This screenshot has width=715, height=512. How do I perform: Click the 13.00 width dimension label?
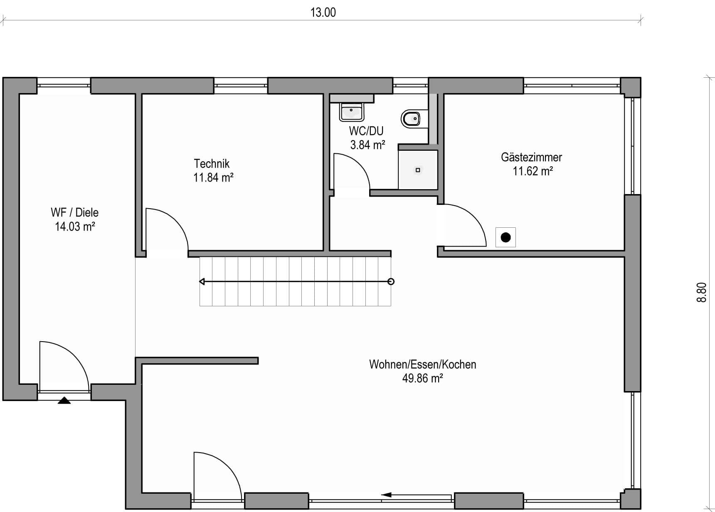[x=323, y=12]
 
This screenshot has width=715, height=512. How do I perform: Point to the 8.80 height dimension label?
[x=702, y=293]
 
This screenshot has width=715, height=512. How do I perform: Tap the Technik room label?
[x=212, y=163]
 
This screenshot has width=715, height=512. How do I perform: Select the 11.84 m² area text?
[x=213, y=177]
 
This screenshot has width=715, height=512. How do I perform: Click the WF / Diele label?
[x=75, y=212]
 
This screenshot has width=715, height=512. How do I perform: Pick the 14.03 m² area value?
[x=75, y=226]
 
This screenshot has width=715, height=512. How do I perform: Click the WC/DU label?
[x=366, y=131]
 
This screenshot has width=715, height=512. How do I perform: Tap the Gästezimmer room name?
[x=531, y=157]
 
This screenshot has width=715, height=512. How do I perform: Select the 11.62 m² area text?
[x=533, y=171]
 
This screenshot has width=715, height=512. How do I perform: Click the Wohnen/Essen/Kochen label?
[x=423, y=364]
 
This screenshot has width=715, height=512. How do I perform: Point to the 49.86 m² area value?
[x=422, y=379]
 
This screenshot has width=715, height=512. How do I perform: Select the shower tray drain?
[x=418, y=170]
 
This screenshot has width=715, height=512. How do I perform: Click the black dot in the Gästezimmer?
[x=505, y=237]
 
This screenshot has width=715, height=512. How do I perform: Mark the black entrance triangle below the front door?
[x=64, y=401]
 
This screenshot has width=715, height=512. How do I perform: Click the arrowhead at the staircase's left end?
[x=202, y=282]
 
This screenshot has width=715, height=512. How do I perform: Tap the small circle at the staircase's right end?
[x=391, y=282]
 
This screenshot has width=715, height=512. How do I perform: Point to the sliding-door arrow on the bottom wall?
[x=416, y=495]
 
